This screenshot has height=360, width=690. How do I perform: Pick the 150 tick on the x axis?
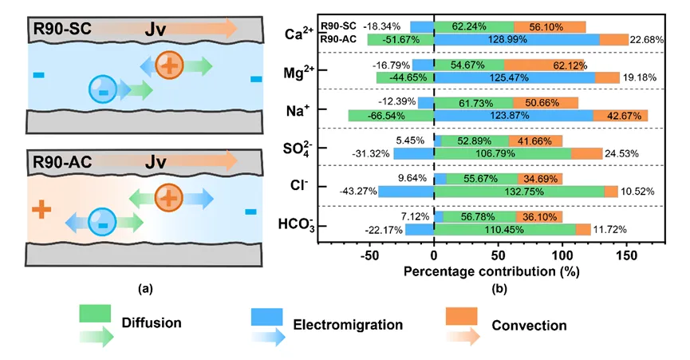[x=627, y=257]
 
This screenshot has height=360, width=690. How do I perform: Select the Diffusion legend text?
[x=152, y=323]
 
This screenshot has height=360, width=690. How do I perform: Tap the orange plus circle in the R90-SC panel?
[x=168, y=66]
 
